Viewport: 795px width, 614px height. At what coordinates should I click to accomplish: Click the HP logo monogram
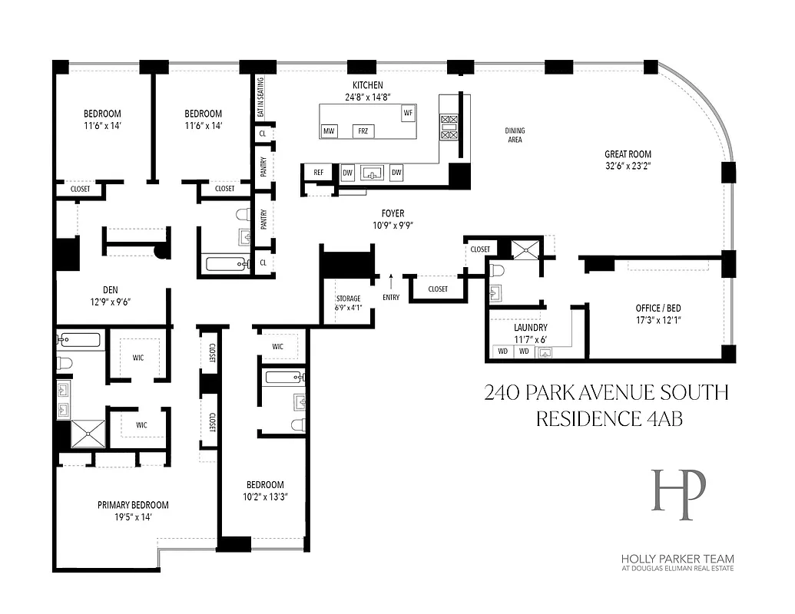(x=678, y=490)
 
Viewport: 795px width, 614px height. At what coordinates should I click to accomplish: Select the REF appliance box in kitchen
(x=318, y=173)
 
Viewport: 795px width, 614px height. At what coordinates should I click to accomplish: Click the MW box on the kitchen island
(x=330, y=131)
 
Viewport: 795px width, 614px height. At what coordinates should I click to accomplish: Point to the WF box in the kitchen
(x=407, y=113)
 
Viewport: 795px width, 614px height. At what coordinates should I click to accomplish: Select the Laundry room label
(x=530, y=327)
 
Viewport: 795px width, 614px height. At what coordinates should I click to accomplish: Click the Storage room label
(x=347, y=299)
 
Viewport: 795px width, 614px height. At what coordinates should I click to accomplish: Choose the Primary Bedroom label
(x=133, y=505)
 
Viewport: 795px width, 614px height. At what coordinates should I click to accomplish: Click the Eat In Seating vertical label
(x=260, y=97)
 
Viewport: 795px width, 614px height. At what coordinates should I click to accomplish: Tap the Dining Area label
(x=515, y=135)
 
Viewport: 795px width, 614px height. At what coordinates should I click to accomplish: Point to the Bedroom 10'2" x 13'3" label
(x=265, y=490)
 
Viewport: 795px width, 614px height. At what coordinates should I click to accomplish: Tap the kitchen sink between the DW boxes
(x=373, y=171)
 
